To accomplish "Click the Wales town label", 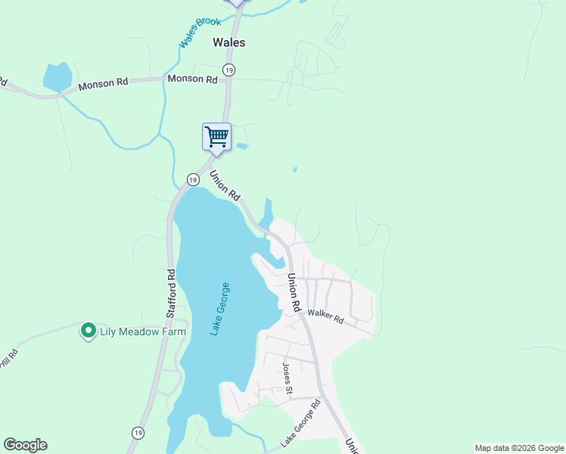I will (x=229, y=43).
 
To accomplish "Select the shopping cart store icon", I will (x=216, y=138).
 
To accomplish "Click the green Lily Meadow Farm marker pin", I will (x=88, y=331).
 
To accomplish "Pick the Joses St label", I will (x=287, y=379).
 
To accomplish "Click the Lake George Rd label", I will (x=300, y=423).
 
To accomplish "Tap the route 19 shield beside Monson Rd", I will (x=229, y=70).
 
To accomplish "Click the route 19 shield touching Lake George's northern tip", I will (x=193, y=180).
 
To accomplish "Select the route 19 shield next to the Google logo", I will (x=137, y=433).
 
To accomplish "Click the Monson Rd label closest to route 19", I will (x=192, y=79).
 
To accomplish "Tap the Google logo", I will (x=25, y=445).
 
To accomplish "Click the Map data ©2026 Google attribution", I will (x=519, y=448).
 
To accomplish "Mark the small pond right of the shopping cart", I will (x=241, y=145).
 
